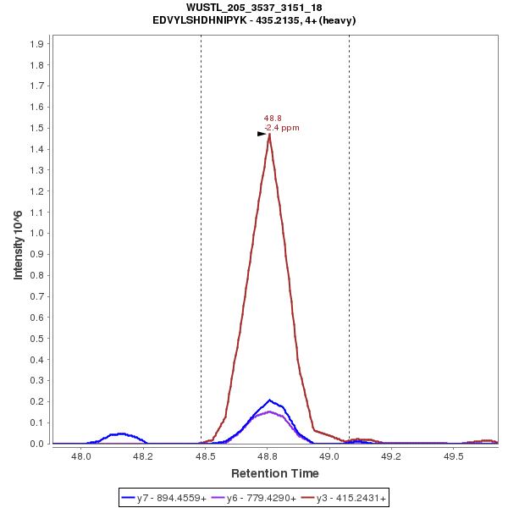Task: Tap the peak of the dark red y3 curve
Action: [x=269, y=134]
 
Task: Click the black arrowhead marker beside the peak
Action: [x=262, y=134]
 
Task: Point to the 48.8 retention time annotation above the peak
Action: [x=272, y=119]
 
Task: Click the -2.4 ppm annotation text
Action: [x=282, y=128]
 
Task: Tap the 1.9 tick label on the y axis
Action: [x=38, y=43]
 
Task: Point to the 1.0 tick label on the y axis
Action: [x=38, y=233]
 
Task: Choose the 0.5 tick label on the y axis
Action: [x=38, y=338]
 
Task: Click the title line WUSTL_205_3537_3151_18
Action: [x=254, y=8]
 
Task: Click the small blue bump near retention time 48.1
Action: [x=121, y=433]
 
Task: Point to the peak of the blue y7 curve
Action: [x=269, y=400]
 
